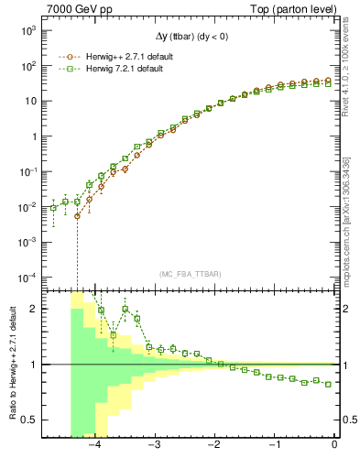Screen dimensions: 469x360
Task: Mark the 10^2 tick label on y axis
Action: (x=27, y=66)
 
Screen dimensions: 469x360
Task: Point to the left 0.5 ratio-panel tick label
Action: (x=29, y=420)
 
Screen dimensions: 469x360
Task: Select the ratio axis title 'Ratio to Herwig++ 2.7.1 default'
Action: (x=11, y=363)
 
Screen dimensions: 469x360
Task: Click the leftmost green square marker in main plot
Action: (x=54, y=209)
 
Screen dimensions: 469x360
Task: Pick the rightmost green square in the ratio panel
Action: (x=329, y=384)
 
